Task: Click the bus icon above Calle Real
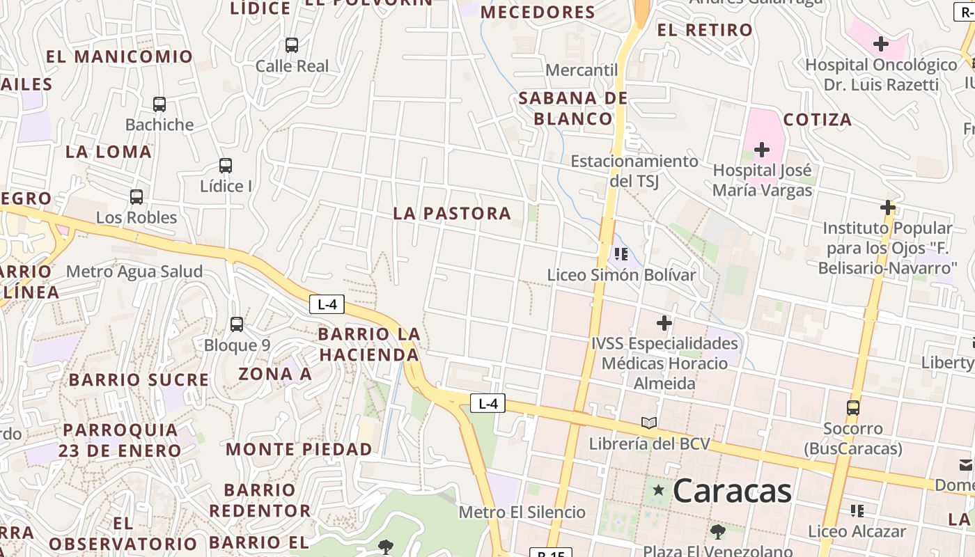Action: (292, 45)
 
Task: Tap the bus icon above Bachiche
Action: (159, 104)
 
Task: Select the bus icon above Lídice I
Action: (226, 166)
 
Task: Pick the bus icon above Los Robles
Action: (136, 197)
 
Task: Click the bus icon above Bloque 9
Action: (237, 324)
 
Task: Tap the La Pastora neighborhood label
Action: (452, 214)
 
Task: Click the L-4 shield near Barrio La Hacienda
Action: (327, 304)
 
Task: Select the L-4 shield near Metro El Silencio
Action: (487, 403)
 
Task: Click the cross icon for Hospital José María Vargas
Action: (762, 150)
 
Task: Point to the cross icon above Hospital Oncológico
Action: (881, 45)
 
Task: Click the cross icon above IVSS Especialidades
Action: (664, 323)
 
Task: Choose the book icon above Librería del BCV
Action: (649, 423)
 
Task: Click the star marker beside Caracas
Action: (658, 490)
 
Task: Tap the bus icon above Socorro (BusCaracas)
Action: (853, 408)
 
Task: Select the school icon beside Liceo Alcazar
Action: (857, 511)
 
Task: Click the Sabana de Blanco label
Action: (573, 108)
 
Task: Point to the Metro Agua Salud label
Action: (134, 272)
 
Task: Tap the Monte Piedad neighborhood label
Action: (299, 449)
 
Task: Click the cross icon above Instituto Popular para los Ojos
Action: (888, 207)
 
